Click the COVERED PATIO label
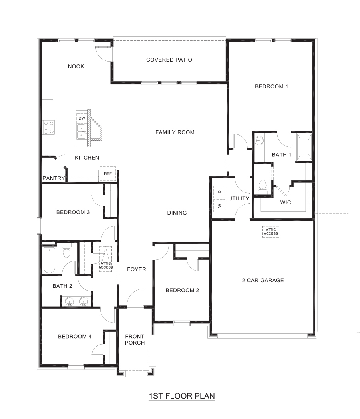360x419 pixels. pyautogui.click(x=169, y=60)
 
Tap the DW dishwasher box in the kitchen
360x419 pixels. pyautogui.click(x=82, y=118)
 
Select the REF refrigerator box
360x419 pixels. pyautogui.click(x=108, y=174)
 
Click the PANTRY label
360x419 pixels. pyautogui.click(x=54, y=178)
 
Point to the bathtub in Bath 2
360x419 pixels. pyautogui.click(x=49, y=260)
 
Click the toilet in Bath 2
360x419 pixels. pyautogui.click(x=66, y=251)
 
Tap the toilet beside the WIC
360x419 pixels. pyautogui.click(x=263, y=187)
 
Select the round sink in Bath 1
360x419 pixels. pyautogui.click(x=259, y=141)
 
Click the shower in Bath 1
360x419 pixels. pyautogui.click(x=304, y=147)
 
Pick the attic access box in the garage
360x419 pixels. pyautogui.click(x=270, y=232)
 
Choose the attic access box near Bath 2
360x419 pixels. pyautogui.click(x=106, y=259)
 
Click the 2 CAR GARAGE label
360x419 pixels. pyautogui.click(x=263, y=280)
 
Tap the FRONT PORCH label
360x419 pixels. pyautogui.click(x=135, y=339)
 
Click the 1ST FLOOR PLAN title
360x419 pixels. pyautogui.click(x=182, y=396)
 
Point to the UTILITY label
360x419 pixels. pyautogui.click(x=239, y=198)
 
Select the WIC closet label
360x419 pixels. pyautogui.click(x=285, y=202)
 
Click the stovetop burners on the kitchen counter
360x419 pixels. pyautogui.click(x=49, y=127)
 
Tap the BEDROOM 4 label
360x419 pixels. pyautogui.click(x=74, y=337)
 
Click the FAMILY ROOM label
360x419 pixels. pyautogui.click(x=175, y=132)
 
